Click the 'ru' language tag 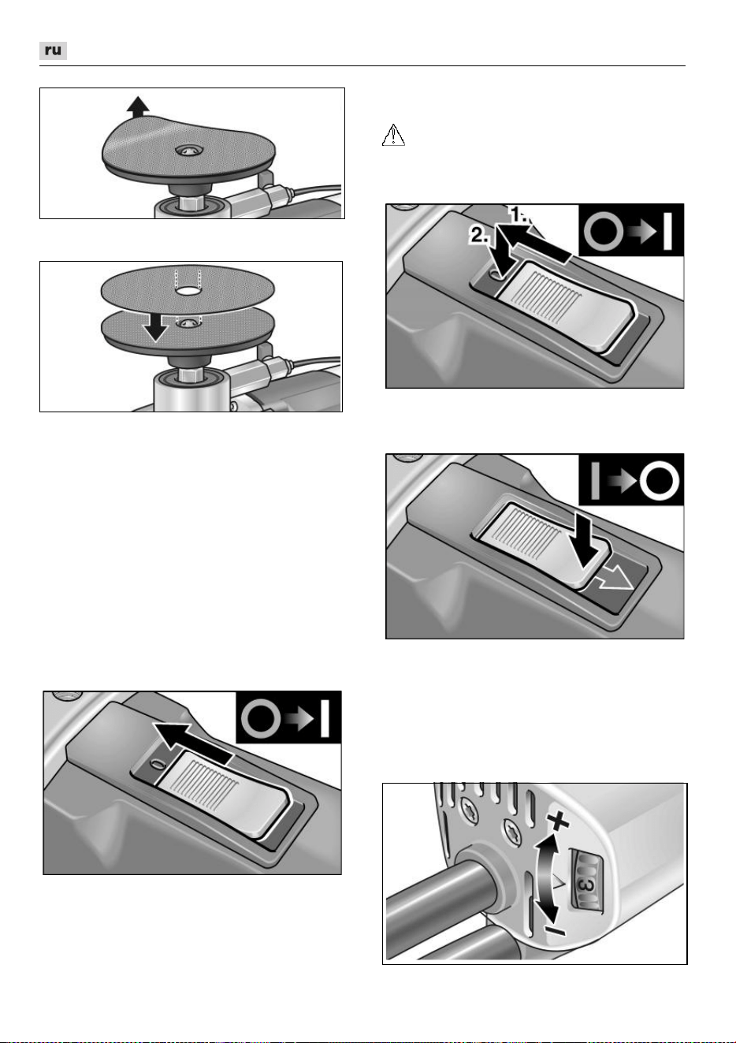pyautogui.click(x=53, y=50)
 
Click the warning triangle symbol pyautogui.click(x=393, y=135)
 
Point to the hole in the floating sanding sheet pyautogui.click(x=189, y=291)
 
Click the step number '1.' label pyautogui.click(x=521, y=214)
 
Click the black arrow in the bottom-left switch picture pyautogui.click(x=191, y=742)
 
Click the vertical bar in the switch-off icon pyautogui.click(x=595, y=481)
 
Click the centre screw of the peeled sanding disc pyautogui.click(x=189, y=151)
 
